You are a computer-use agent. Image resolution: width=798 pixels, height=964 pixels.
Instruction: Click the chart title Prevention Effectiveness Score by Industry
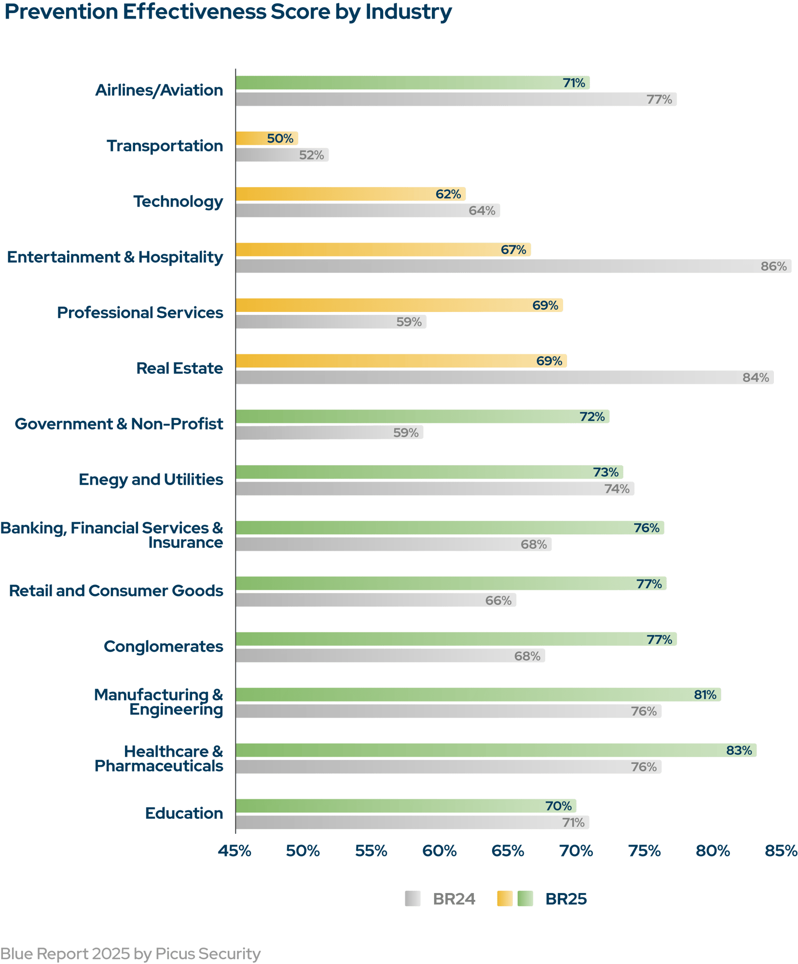[x=228, y=13]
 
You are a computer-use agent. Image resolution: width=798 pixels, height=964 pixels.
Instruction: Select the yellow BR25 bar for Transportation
[x=267, y=138]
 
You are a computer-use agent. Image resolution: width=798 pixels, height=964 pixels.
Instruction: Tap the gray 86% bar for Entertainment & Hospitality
[x=513, y=266]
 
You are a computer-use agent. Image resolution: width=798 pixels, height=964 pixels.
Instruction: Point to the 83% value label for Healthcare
[x=739, y=750]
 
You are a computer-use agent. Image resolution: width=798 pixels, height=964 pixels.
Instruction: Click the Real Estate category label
[x=179, y=368]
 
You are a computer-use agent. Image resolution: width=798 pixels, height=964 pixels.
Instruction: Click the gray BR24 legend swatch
[x=413, y=899]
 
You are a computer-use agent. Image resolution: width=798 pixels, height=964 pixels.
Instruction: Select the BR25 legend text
[x=565, y=899]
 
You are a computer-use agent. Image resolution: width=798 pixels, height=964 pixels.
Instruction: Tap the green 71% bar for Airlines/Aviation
[x=413, y=83]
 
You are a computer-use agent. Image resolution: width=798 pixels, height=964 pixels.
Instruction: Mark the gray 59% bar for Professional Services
[x=331, y=322]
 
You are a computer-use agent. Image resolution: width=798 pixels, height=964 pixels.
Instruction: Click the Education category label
[x=184, y=814]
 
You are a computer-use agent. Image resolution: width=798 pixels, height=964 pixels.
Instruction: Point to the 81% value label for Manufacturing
[x=705, y=695]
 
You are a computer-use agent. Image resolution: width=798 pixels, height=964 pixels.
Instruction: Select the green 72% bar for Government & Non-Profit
[x=422, y=417]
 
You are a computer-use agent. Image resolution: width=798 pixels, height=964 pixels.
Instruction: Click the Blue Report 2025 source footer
[x=130, y=954]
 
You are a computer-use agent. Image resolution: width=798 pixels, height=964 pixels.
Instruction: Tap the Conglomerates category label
[x=163, y=647]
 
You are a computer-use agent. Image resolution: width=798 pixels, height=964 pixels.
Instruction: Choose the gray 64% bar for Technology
[x=368, y=211]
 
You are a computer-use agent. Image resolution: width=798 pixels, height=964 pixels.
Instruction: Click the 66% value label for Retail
[x=498, y=600]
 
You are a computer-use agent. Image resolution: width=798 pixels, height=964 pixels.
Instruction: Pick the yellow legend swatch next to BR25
[x=505, y=899]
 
